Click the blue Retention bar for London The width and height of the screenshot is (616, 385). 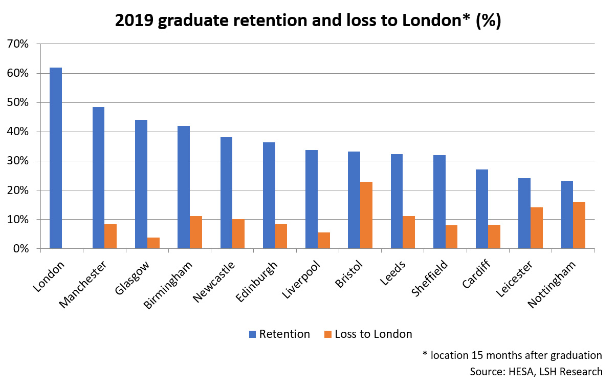pos(56,158)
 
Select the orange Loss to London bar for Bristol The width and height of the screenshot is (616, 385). pos(366,215)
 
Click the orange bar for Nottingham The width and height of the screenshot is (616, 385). pos(579,225)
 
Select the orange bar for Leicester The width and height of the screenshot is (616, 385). pos(537,228)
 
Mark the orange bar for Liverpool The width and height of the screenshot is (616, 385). pos(324,241)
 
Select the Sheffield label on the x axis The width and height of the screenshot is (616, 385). pos(429,282)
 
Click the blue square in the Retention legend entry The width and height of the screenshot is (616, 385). pos(252,334)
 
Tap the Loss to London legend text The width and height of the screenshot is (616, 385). pos(373,334)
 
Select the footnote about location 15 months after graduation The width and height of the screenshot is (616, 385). pos(512,355)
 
